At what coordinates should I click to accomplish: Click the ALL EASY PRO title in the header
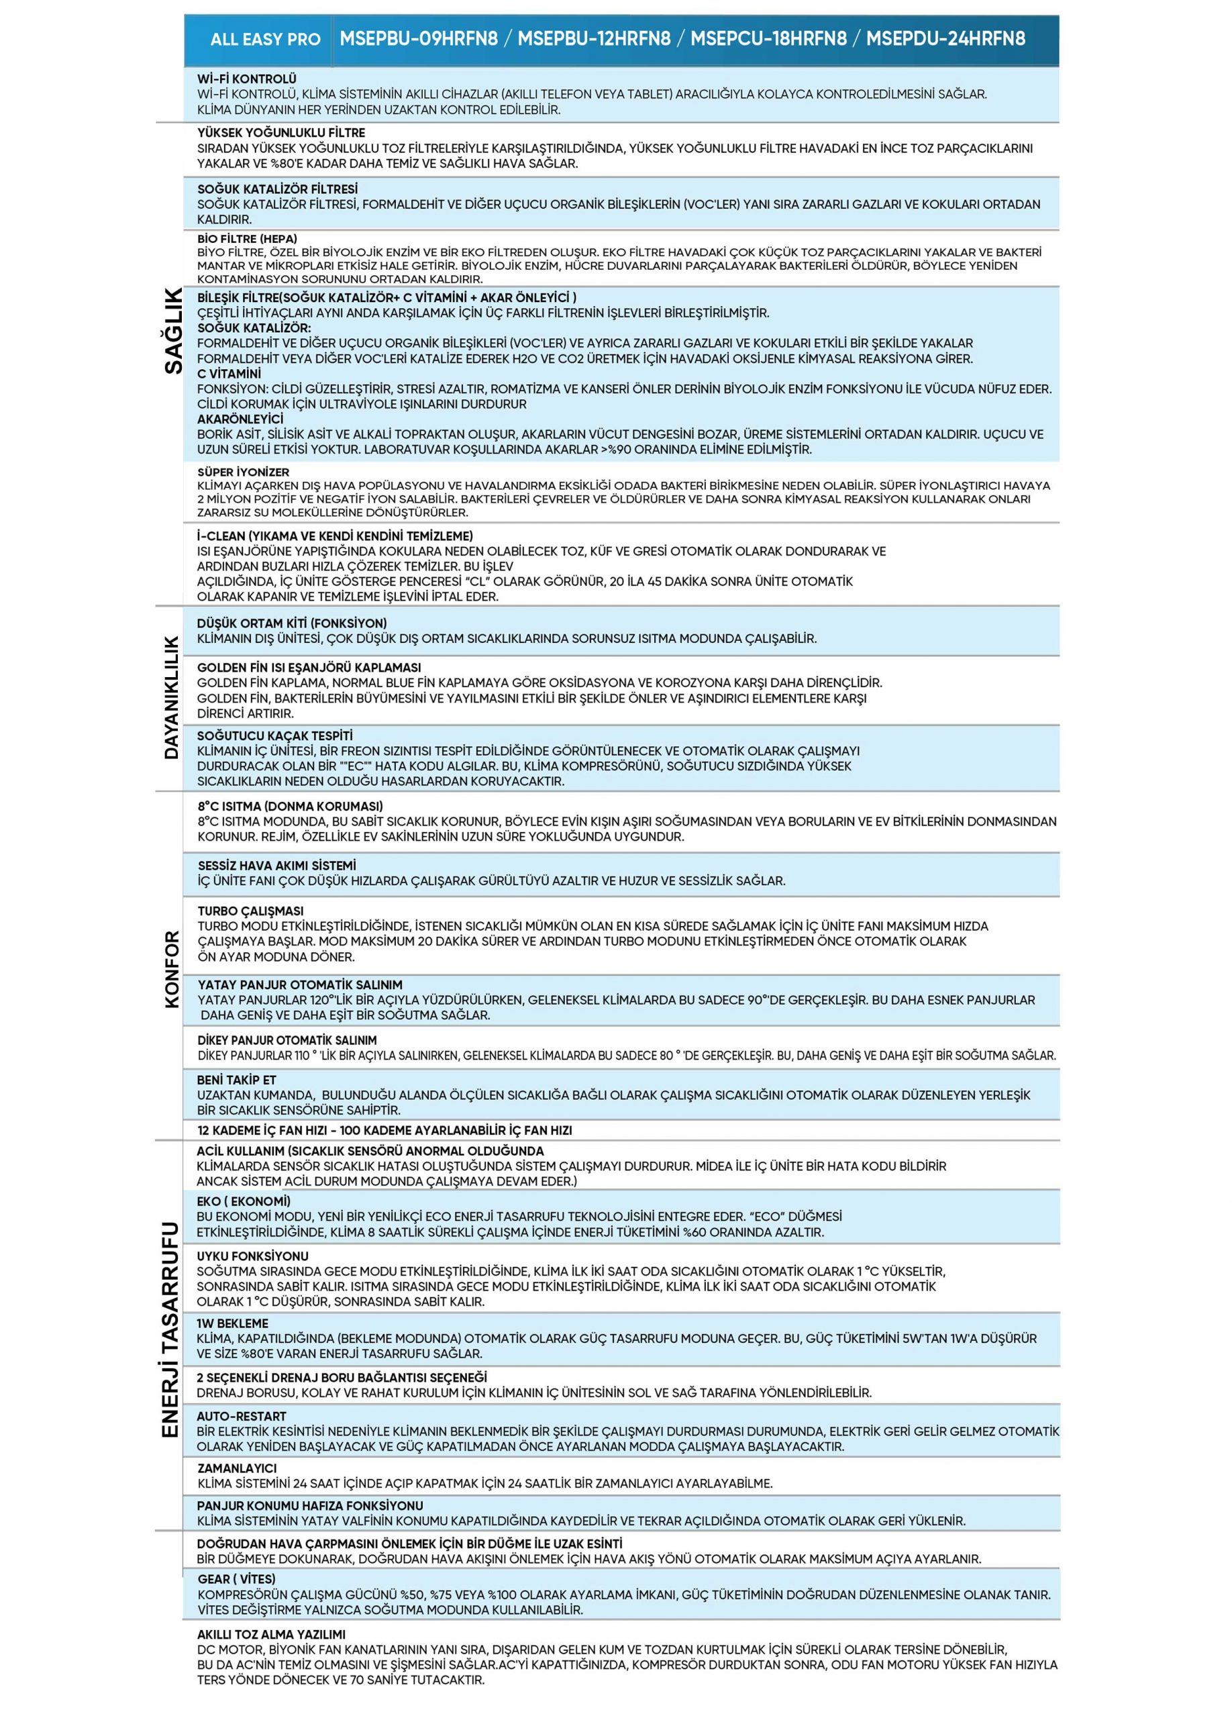pos(265,40)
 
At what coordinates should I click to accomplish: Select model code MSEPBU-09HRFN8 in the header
pos(418,39)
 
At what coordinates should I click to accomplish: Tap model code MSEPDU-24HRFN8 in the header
pos(945,39)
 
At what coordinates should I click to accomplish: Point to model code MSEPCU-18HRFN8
pos(768,39)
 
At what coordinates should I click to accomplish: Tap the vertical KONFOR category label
pos(172,969)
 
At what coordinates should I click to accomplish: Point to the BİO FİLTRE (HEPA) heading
pos(247,239)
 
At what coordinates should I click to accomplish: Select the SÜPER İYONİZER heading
pos(243,472)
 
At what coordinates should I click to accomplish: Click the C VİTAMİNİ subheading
pos(229,373)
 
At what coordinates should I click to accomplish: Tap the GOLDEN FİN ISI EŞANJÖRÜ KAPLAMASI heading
pos(309,667)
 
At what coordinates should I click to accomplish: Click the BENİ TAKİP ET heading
pos(237,1079)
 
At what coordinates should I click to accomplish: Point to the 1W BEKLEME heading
pos(232,1323)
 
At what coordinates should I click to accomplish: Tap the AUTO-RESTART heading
pos(242,1416)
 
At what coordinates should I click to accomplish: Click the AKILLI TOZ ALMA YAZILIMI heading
pos(271,1635)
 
